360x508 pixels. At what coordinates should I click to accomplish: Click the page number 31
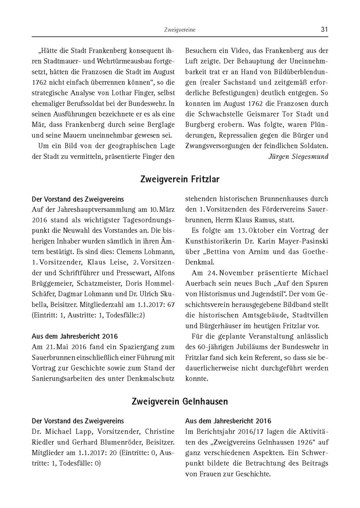(324, 30)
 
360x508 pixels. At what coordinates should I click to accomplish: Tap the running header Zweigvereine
(179, 30)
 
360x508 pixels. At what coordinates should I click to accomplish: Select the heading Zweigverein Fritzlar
(179, 179)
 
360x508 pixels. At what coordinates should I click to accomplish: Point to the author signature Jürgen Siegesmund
(299, 156)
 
